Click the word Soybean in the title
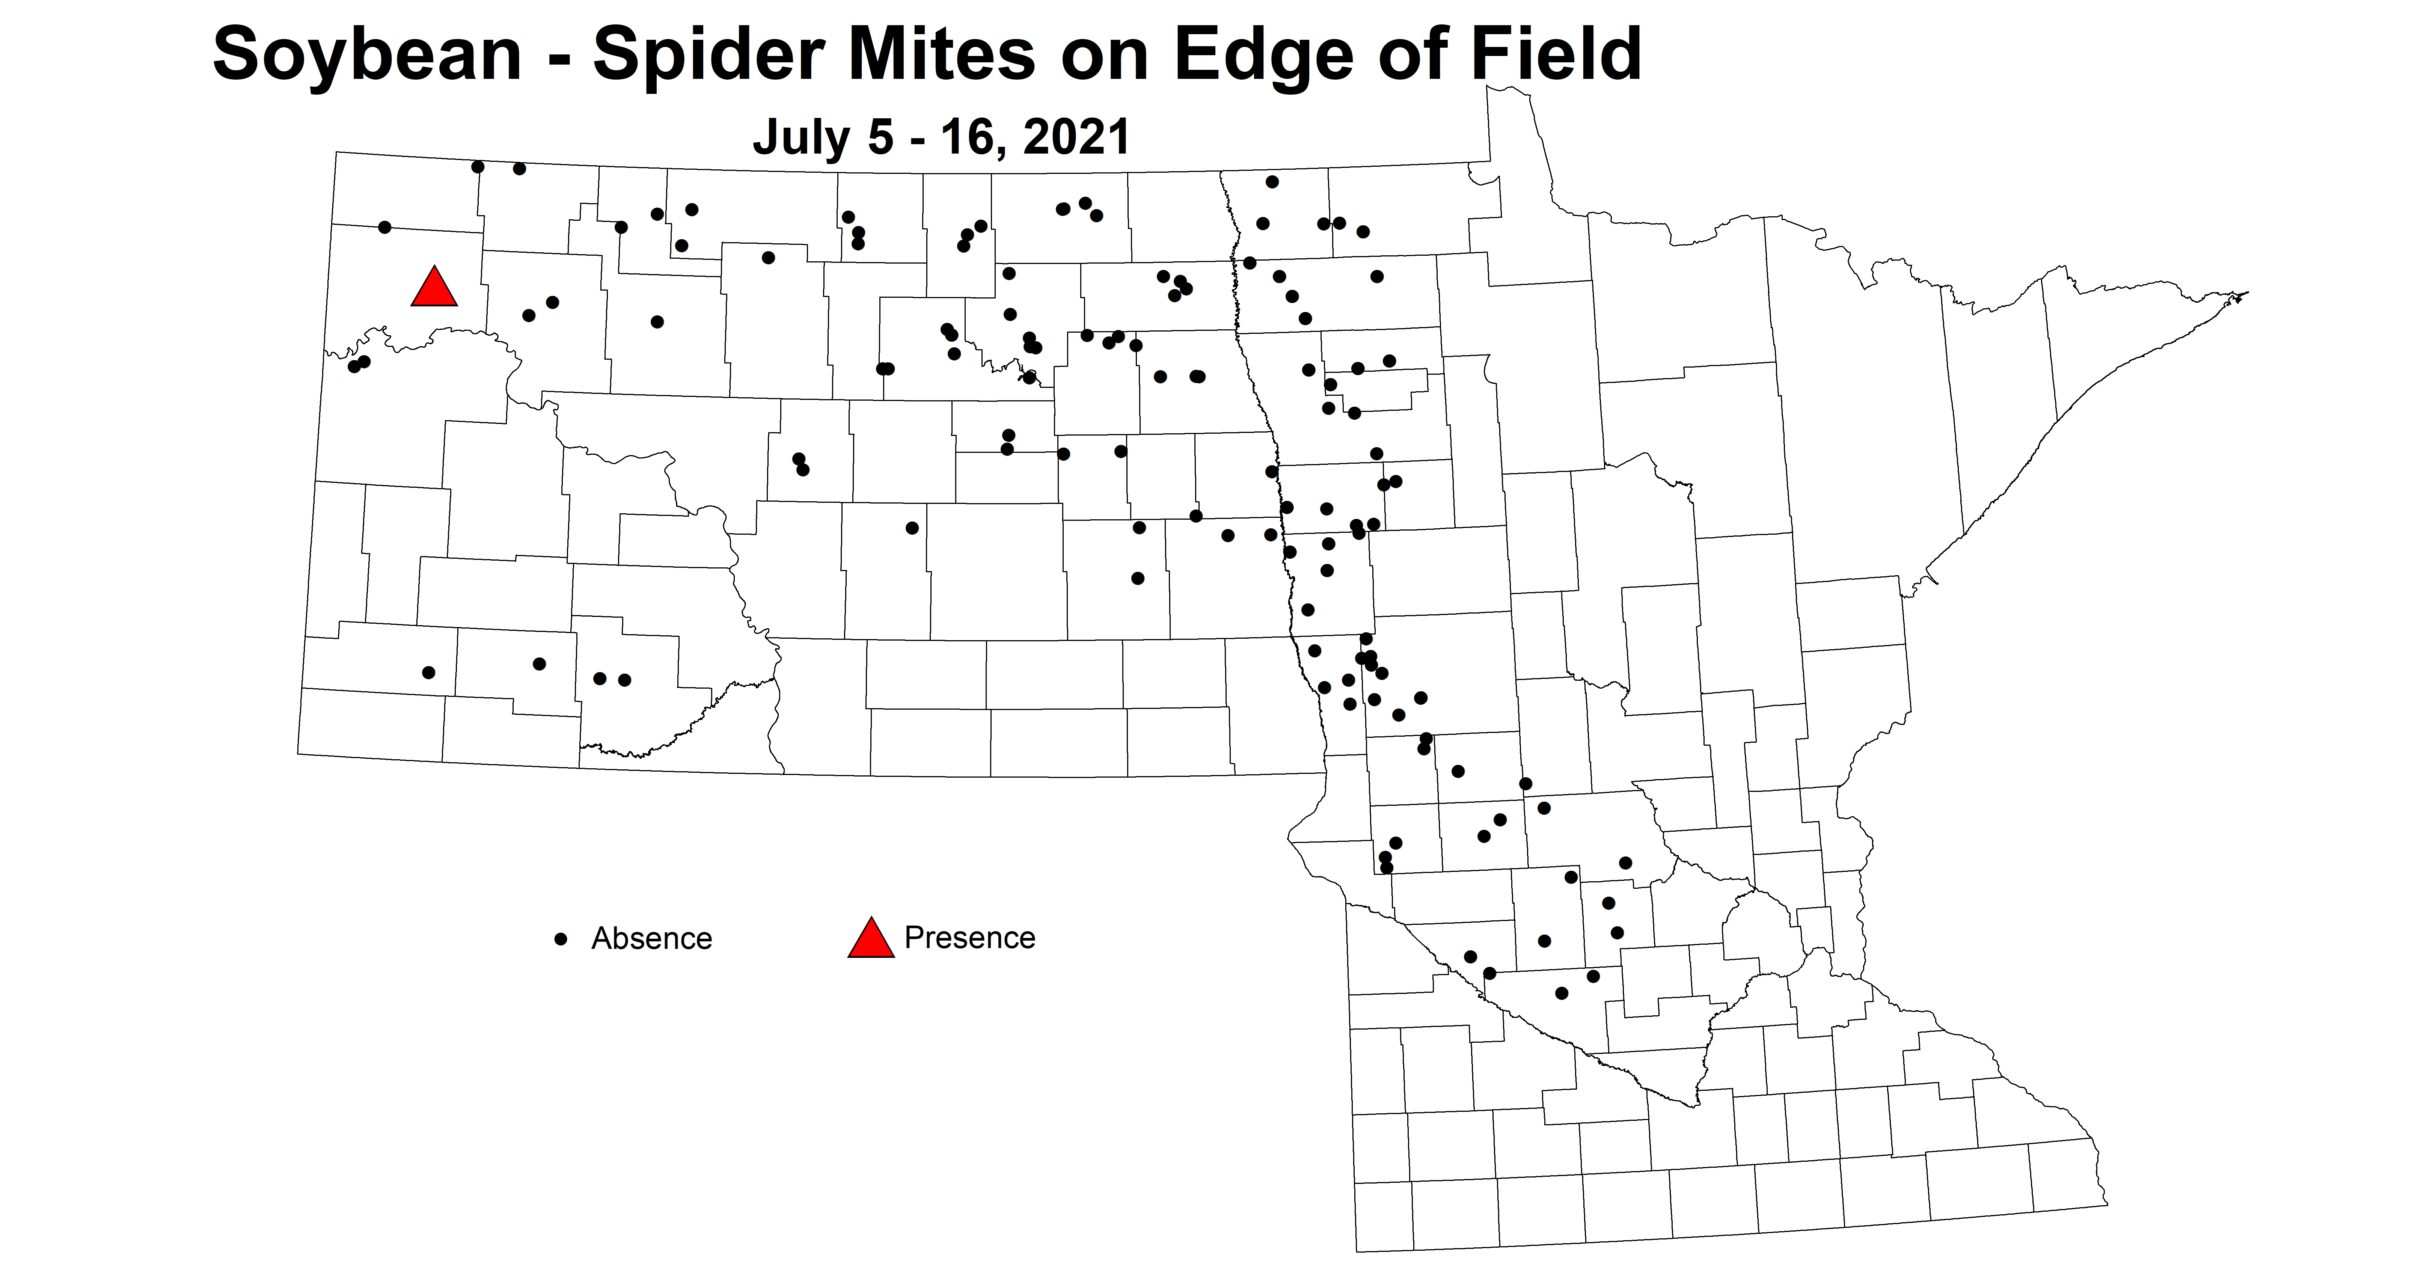point(367,54)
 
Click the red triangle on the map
point(434,288)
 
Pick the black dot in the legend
point(562,938)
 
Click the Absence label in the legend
point(651,938)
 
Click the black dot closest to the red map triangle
point(384,227)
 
